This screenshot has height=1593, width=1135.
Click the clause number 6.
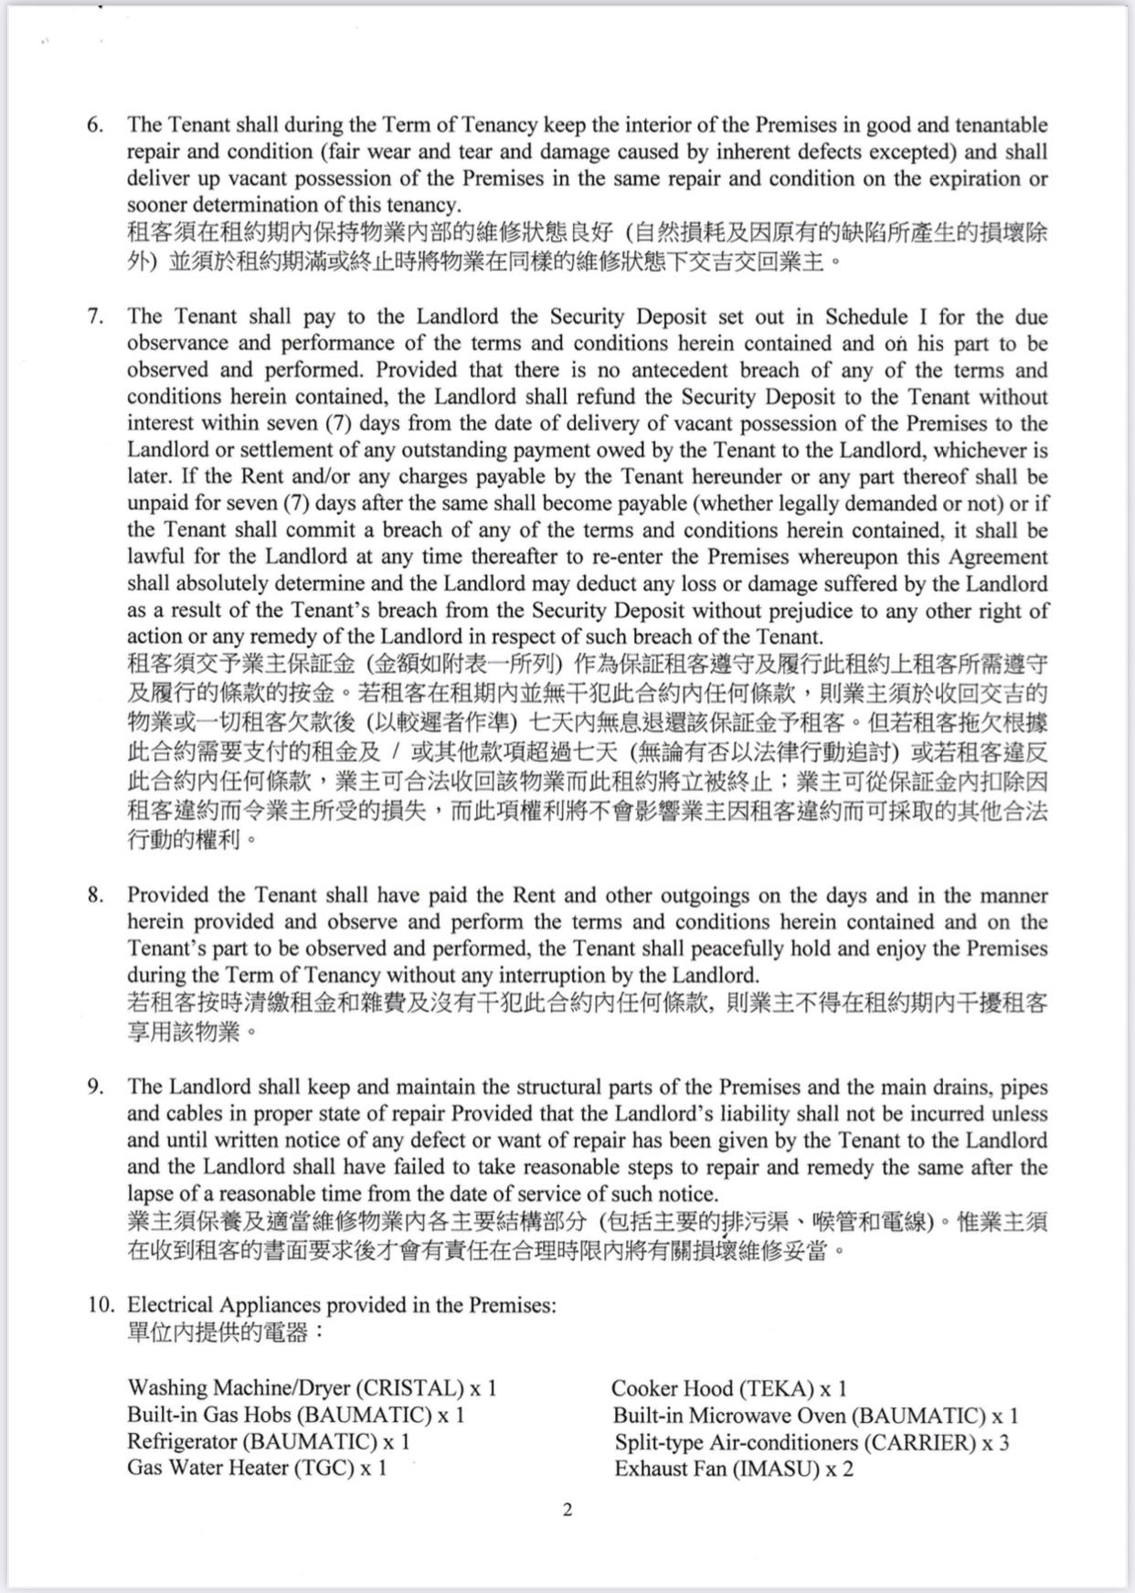pos(94,125)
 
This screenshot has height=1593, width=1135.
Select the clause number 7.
pos(94,317)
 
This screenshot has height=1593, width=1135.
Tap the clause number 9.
pos(94,1088)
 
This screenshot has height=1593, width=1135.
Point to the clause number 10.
pos(100,1305)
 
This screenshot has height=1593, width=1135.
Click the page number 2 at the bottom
pos(567,1510)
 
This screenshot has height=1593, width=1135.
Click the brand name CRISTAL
pos(409,1389)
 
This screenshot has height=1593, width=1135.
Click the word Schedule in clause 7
pos(866,317)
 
